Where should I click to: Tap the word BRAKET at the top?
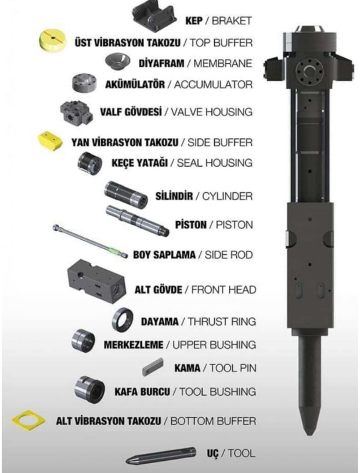point(232,21)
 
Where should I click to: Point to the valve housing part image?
point(77,111)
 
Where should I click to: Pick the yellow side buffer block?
point(51,140)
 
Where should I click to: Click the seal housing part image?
point(90,162)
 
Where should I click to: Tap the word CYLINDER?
point(227,196)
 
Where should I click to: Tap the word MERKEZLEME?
point(134,345)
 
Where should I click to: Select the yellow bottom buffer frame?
point(28,420)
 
